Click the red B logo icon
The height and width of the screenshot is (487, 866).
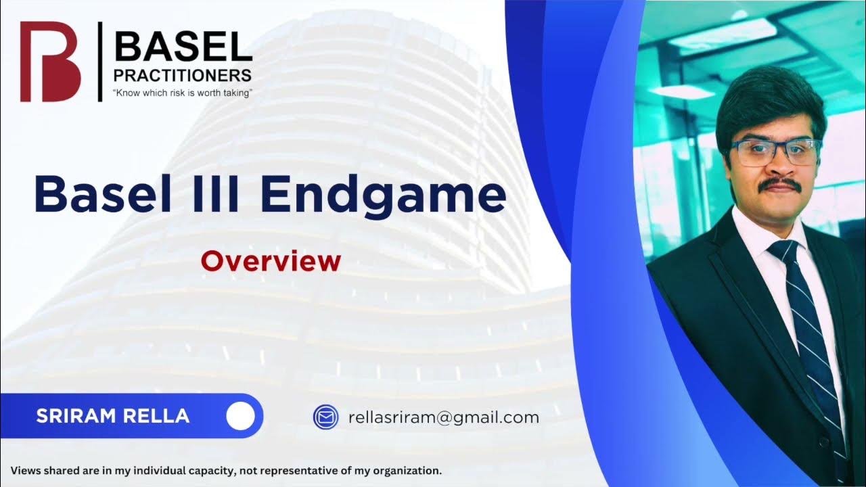click(x=50, y=62)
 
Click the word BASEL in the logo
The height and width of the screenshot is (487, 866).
click(x=183, y=47)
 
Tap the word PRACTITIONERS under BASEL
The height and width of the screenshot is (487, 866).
click(x=183, y=75)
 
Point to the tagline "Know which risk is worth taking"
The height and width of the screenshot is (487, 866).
click(x=183, y=93)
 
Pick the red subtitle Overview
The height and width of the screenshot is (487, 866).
click(x=271, y=260)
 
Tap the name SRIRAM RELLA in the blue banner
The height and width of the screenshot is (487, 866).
click(x=113, y=416)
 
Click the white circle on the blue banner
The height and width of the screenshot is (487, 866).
click(x=240, y=417)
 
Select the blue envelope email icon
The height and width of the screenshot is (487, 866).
click(x=325, y=417)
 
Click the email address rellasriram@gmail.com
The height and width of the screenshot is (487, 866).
click(x=444, y=417)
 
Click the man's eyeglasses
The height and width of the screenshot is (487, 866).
click(x=776, y=152)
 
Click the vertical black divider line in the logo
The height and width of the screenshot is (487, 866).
click(x=100, y=62)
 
